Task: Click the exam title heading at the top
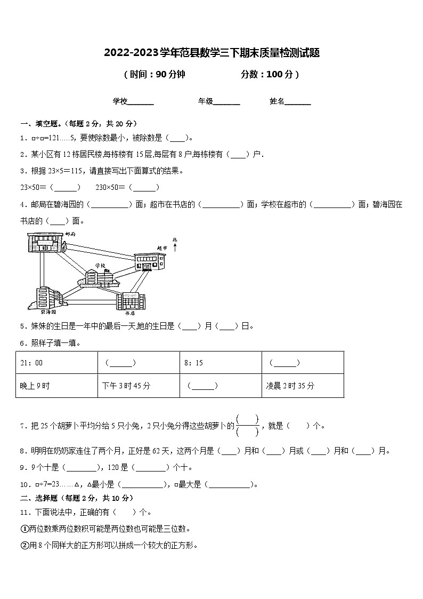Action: [211, 52]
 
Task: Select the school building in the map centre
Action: [99, 277]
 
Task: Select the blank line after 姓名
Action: [298, 102]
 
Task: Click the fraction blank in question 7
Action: [247, 425]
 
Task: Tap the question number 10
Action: [24, 485]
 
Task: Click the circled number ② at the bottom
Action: [24, 546]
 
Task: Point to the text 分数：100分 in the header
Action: [270, 75]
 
